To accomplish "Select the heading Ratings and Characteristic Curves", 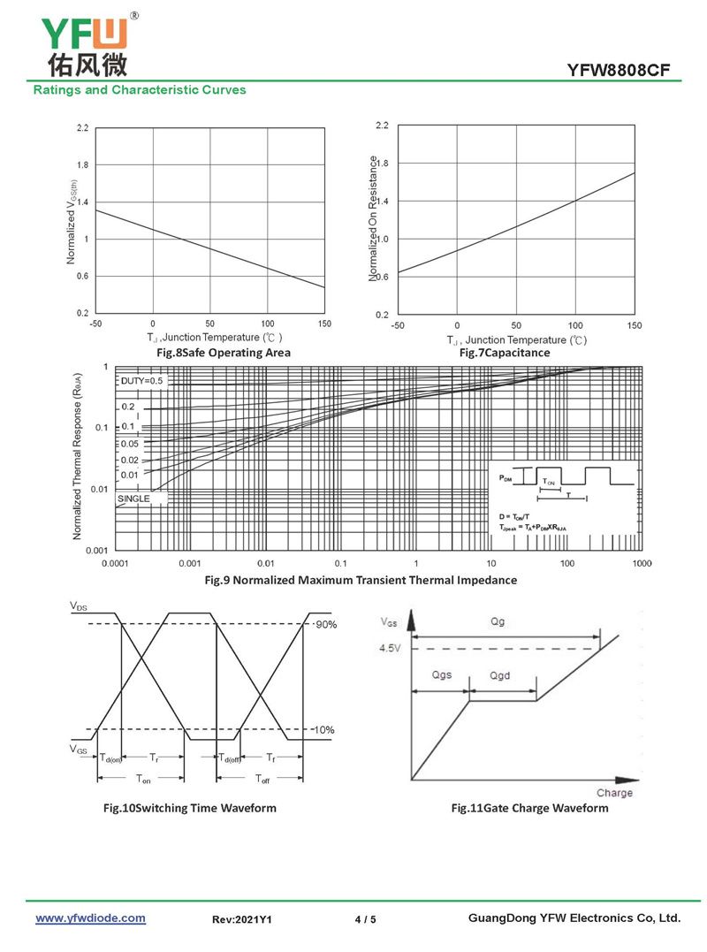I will point(140,90).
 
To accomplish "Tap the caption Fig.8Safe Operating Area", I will point(223,353).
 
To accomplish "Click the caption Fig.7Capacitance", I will point(505,353).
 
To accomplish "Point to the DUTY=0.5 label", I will point(141,381).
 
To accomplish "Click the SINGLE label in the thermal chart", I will point(133,499).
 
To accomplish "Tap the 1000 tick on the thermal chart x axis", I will point(642,563).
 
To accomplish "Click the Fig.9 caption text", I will point(361,580).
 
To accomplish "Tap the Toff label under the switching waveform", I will point(263,779).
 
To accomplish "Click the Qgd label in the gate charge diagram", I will point(500,675).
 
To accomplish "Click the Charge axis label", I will point(614,793).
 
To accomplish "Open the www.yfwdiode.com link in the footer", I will point(90,918).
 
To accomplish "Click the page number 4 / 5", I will point(365,919).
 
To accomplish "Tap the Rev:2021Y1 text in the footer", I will point(241,919).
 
